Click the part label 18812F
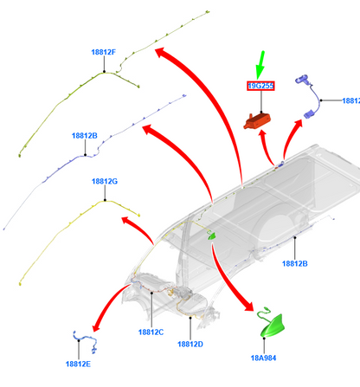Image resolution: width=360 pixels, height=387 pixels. (x=104, y=52)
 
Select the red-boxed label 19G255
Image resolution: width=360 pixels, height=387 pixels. (x=260, y=86)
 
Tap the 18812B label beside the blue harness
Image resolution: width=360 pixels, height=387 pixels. (x=85, y=136)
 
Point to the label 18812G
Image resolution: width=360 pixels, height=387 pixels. (x=105, y=182)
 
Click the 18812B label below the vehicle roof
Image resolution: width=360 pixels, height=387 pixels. (x=295, y=263)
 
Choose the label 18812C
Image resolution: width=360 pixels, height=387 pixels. (x=151, y=332)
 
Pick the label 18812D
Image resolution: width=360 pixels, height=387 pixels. (x=190, y=345)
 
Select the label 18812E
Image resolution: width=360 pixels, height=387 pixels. (x=78, y=364)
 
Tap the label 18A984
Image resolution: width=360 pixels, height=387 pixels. (x=263, y=358)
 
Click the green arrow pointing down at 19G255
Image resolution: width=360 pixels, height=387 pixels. (x=260, y=65)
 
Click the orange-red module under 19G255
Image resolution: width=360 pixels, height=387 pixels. (x=257, y=121)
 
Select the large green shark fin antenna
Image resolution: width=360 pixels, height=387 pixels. (x=271, y=326)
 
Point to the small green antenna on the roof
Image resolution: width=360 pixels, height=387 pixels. (x=212, y=236)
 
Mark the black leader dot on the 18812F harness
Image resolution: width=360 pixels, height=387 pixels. (x=104, y=72)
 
